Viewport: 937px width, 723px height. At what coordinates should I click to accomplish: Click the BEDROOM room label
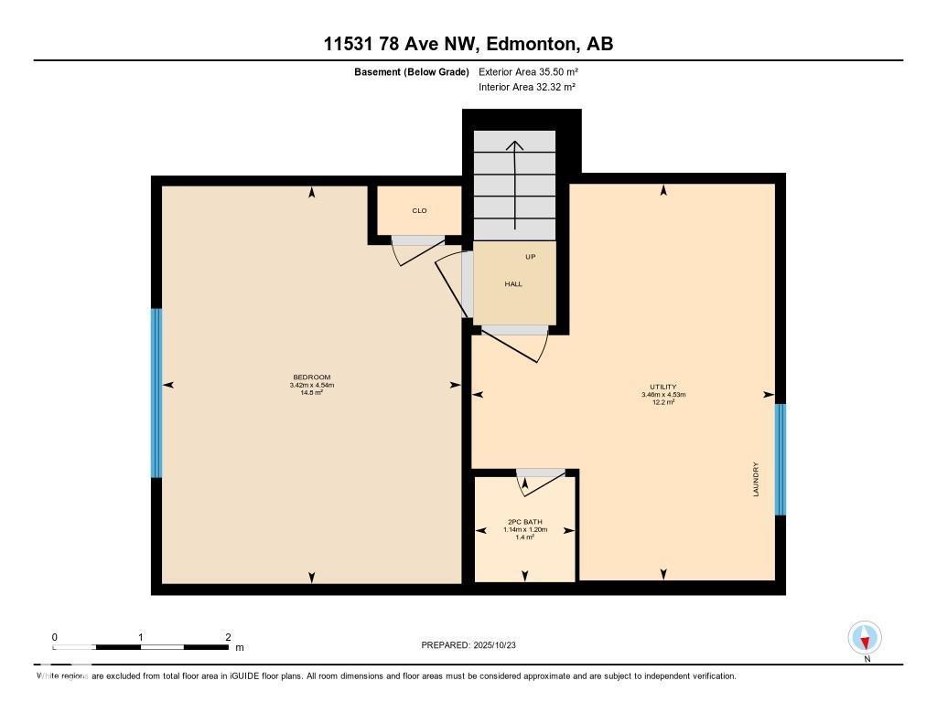point(311,377)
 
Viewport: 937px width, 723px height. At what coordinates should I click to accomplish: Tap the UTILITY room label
point(662,387)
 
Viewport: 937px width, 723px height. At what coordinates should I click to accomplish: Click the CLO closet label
point(419,210)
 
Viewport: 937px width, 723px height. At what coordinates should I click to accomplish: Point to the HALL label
point(513,284)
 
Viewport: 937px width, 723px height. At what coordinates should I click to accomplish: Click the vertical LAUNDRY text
point(756,478)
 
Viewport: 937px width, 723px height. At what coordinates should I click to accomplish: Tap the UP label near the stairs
point(531,257)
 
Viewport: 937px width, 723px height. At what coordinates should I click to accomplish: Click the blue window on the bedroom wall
point(156,393)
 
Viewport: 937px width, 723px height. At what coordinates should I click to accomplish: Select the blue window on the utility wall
point(780,459)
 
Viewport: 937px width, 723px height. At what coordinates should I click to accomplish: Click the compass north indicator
point(865,638)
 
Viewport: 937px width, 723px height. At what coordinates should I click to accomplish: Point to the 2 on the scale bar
point(228,637)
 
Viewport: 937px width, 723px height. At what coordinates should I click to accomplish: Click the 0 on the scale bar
point(55,637)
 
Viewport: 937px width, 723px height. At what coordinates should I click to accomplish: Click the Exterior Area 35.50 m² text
point(528,71)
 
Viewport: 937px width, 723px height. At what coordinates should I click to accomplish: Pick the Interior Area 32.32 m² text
point(527,87)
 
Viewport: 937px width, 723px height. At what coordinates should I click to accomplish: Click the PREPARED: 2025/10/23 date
point(474,644)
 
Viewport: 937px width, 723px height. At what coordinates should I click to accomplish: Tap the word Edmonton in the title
point(531,43)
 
